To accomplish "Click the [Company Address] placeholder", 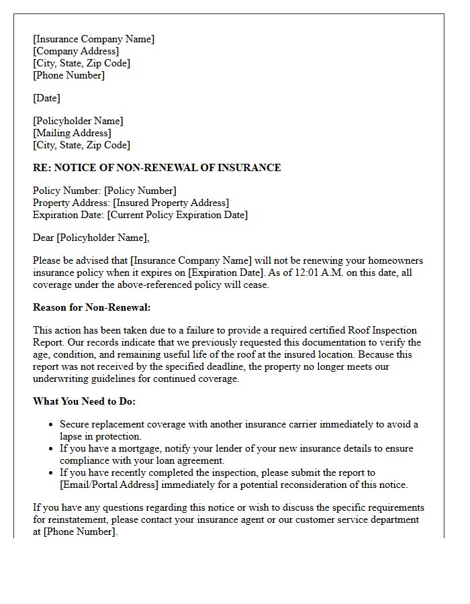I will click(x=76, y=51).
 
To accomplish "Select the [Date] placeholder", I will click(x=46, y=98).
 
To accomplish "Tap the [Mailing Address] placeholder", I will click(x=72, y=133).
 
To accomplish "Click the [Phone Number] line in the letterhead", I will click(x=68, y=75).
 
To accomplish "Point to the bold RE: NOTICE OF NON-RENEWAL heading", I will click(x=156, y=168).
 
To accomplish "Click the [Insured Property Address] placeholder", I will click(x=171, y=203).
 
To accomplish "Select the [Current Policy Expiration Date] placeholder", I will click(x=177, y=215).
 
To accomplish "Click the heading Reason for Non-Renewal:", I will click(x=92, y=307).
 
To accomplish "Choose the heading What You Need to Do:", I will click(x=84, y=401).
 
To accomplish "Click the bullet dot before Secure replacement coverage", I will click(x=52, y=425).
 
